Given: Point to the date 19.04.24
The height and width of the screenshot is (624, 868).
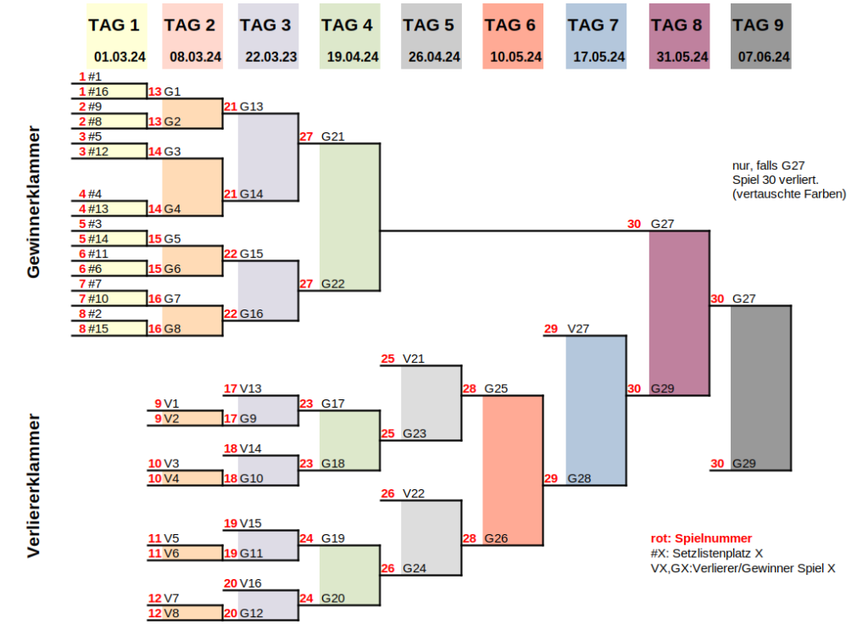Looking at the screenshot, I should (351, 58).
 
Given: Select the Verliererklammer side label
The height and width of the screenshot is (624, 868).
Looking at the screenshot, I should (34, 485).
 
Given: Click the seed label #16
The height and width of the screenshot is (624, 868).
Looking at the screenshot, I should (98, 92).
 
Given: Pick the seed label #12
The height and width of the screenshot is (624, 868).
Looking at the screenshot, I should (98, 152).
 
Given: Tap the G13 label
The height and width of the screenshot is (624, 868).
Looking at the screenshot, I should (252, 107).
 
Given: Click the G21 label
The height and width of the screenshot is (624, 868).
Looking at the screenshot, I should (333, 136).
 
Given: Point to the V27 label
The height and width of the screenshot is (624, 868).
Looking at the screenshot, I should (579, 329).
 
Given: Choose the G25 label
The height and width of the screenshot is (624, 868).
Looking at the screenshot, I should (496, 389).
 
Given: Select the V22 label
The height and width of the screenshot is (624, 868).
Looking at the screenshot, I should (415, 493).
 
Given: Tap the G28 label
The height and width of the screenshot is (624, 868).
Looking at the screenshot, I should (579, 478).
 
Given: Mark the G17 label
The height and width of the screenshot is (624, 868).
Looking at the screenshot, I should (333, 404).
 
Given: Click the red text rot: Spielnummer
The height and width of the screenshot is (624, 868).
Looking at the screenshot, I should (701, 538).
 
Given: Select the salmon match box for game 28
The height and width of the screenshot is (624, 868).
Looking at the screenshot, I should (512, 471).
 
